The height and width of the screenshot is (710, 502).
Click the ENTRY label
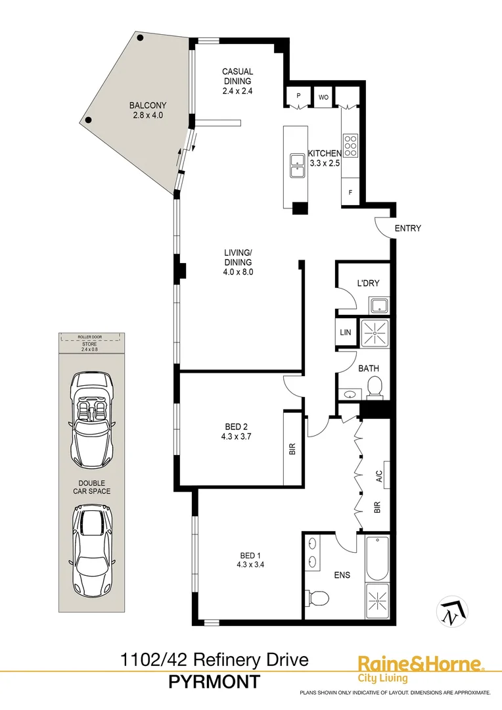coord(407,229)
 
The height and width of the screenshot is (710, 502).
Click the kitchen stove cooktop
coord(350,145)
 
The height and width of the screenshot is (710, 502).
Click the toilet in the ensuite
coord(319,598)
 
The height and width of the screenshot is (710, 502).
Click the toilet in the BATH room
coord(374,388)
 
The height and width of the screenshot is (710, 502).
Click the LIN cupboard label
coord(346,333)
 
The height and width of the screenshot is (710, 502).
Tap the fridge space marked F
coord(350,193)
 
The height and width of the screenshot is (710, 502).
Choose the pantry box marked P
coord(298,97)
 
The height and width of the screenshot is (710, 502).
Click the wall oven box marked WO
coord(323,97)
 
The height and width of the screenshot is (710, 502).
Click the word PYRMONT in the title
coord(214,682)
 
